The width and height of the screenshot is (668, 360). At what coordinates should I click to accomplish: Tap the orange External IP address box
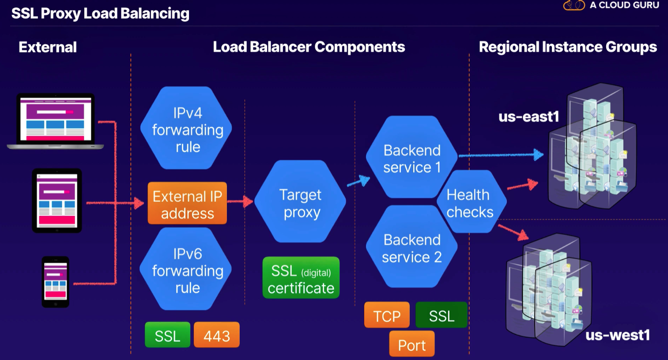click(187, 204)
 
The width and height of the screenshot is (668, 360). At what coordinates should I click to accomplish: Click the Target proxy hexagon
click(301, 202)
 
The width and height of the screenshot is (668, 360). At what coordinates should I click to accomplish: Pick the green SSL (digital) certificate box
click(301, 278)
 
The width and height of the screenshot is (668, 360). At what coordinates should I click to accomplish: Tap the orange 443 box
click(217, 336)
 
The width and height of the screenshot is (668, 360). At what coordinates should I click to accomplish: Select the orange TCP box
click(387, 315)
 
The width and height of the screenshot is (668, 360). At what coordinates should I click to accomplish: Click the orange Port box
click(411, 345)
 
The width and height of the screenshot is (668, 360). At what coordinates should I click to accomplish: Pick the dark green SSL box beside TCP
click(441, 315)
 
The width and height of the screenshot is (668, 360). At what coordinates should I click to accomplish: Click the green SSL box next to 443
click(167, 336)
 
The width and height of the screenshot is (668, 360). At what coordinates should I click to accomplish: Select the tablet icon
click(57, 201)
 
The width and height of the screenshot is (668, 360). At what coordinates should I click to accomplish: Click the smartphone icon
click(56, 282)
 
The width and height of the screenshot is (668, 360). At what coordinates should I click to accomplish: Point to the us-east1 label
click(528, 117)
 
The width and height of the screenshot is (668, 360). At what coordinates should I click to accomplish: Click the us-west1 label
click(617, 335)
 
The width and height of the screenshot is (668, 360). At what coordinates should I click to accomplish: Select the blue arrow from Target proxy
click(359, 181)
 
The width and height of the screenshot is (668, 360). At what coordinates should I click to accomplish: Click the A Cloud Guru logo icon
click(574, 5)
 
